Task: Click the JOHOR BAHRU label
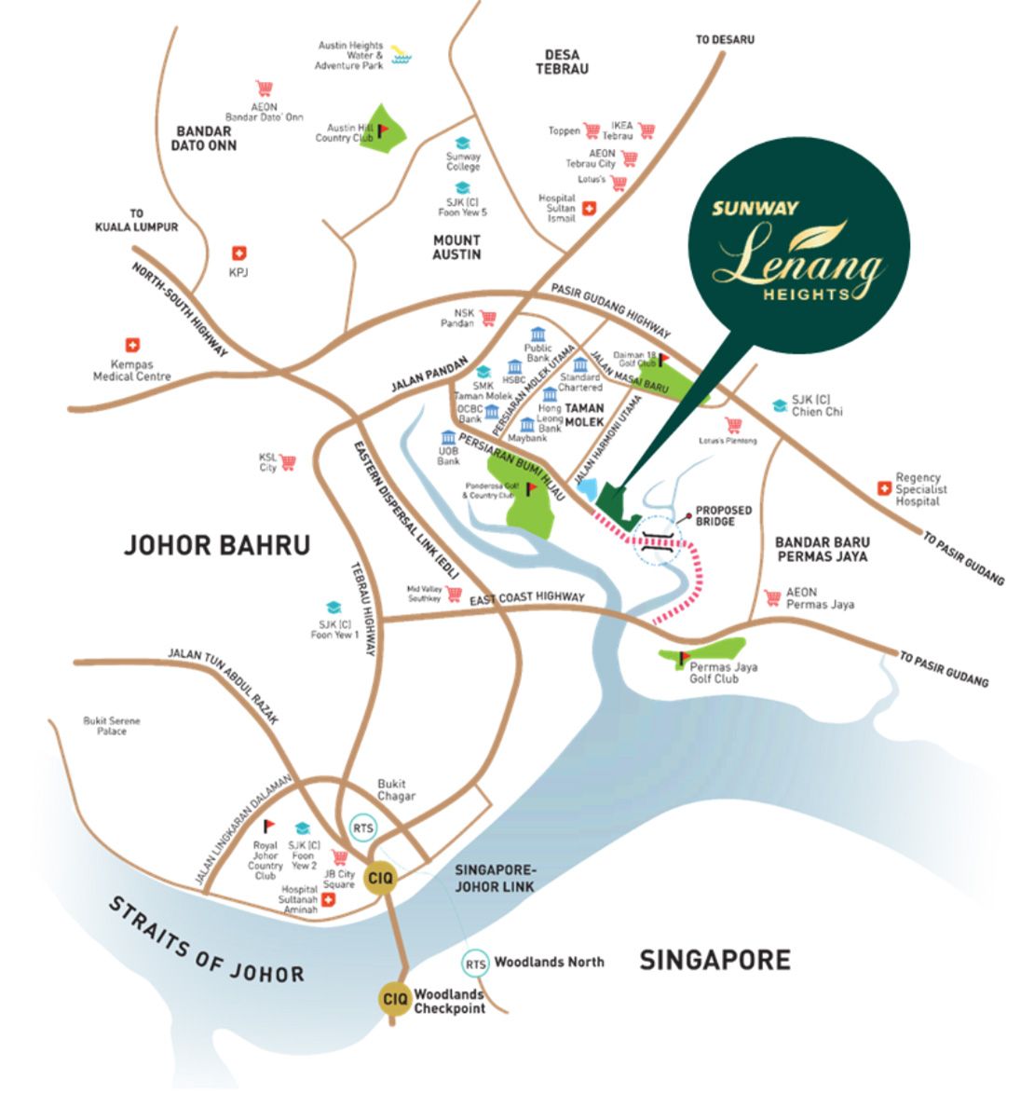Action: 217,544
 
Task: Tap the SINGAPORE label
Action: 714,960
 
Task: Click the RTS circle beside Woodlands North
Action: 476,964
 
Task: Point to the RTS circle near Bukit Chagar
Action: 361,828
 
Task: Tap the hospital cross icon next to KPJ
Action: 239,253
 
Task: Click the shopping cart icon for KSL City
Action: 288,461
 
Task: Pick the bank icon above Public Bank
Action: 537,335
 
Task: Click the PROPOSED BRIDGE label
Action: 724,516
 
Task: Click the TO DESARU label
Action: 725,40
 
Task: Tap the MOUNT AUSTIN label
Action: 456,247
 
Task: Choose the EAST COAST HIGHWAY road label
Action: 527,598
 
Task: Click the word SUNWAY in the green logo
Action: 755,208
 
